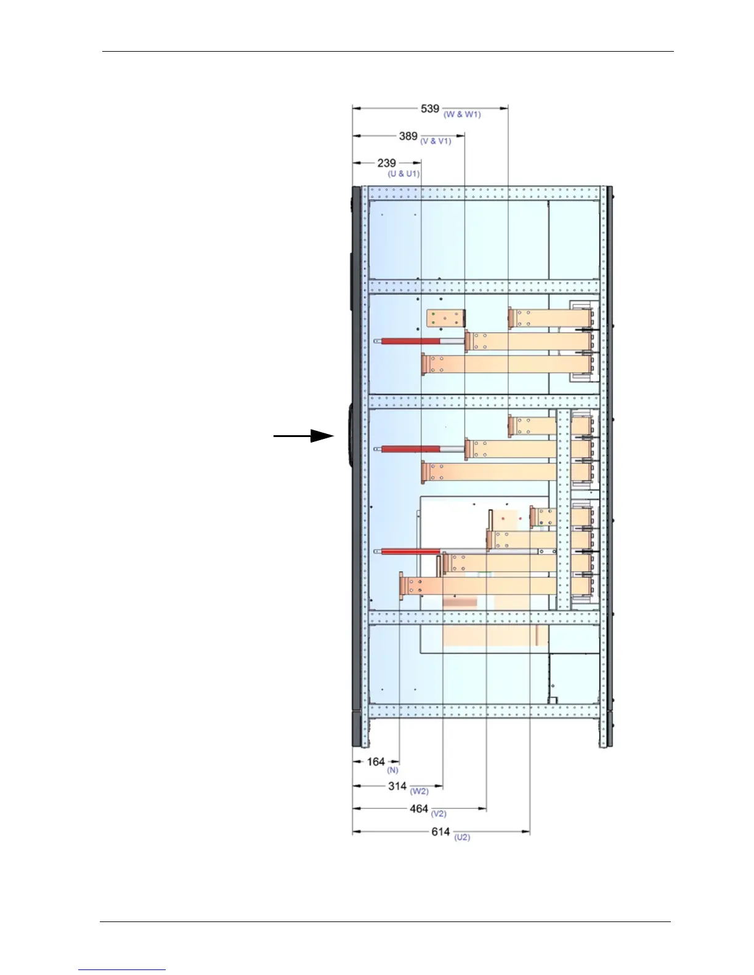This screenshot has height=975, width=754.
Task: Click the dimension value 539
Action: click(430, 109)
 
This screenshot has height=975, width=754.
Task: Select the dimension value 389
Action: click(408, 136)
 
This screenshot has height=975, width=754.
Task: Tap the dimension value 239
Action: click(386, 163)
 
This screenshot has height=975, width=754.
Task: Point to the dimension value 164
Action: click(376, 762)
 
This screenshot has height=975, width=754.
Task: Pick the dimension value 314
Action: click(397, 786)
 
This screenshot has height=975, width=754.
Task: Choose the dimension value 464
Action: click(419, 809)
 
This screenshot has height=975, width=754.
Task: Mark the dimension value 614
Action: click(440, 832)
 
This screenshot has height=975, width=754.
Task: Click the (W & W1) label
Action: click(462, 114)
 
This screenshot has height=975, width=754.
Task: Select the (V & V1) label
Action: click(436, 142)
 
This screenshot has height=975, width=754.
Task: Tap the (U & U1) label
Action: click(403, 174)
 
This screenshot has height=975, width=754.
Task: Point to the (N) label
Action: click(392, 770)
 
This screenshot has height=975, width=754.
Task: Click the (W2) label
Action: click(419, 792)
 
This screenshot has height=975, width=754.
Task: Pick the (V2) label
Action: click(439, 814)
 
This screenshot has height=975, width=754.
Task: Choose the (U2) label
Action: click(462, 837)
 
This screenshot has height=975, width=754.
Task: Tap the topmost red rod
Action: click(410, 340)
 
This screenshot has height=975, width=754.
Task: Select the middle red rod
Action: click(410, 449)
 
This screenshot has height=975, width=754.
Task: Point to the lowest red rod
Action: click(410, 552)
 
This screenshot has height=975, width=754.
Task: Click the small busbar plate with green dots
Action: click(445, 318)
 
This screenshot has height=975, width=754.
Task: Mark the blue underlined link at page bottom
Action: click(122, 969)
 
